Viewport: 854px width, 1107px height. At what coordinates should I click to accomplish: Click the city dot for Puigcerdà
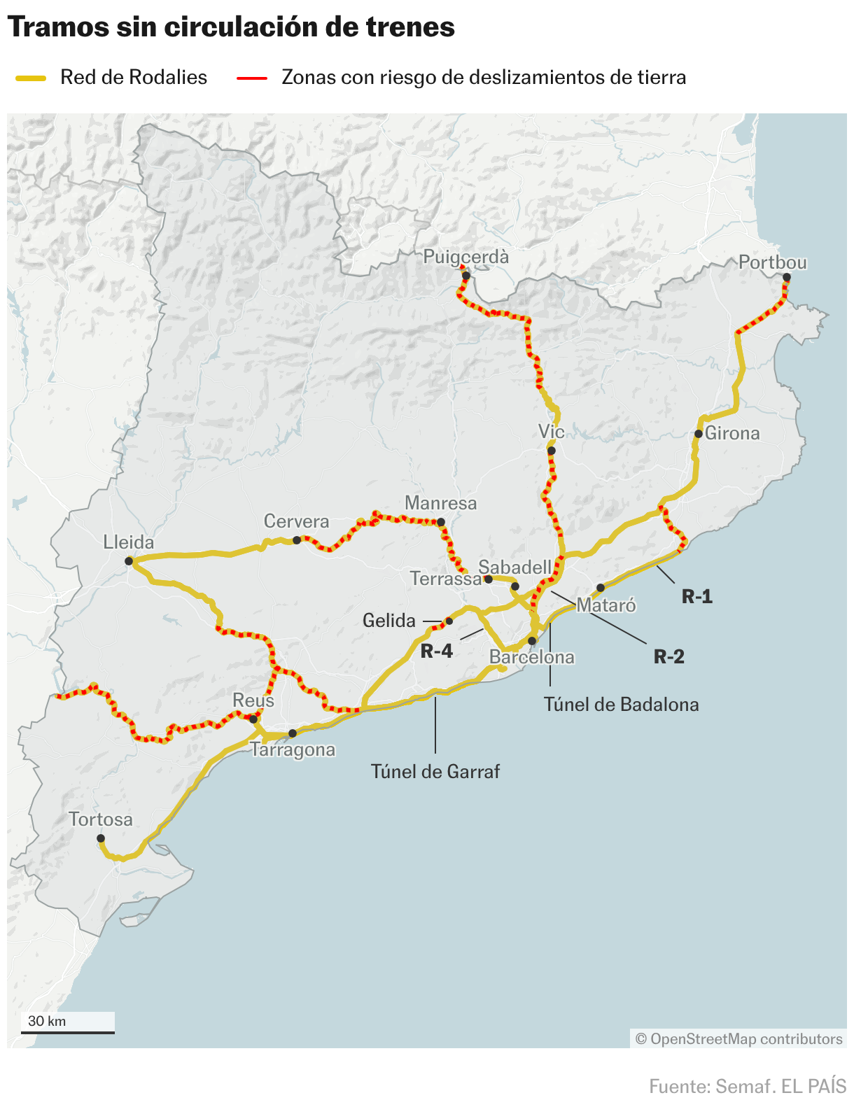tap(466, 276)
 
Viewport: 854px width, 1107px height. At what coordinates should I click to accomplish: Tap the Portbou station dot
tap(787, 277)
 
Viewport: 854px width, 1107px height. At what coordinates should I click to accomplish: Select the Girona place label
tap(732, 433)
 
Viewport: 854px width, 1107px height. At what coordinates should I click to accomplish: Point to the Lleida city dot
tap(129, 561)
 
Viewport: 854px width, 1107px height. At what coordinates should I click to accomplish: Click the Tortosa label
tap(101, 819)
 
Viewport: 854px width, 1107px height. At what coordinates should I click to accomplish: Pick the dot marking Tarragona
tap(293, 733)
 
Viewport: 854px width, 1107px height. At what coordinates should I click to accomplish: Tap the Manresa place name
tap(441, 503)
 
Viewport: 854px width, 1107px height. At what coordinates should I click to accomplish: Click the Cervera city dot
tap(297, 540)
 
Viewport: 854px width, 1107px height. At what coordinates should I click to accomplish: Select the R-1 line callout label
tap(697, 596)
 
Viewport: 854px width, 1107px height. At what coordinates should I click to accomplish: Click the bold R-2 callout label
tap(669, 656)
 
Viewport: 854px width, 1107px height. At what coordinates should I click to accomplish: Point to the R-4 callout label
tap(437, 651)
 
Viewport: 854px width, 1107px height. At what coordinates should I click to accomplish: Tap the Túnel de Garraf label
tap(435, 772)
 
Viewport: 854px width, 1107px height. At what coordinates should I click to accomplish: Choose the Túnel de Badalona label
tap(622, 705)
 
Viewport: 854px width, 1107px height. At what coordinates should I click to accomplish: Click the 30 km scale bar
tap(68, 1031)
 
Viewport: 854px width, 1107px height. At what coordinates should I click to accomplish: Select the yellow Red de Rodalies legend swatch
tap(31, 78)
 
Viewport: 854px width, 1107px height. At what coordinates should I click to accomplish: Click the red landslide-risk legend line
tap(252, 78)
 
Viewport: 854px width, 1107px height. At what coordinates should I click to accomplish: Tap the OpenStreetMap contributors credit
tap(739, 1039)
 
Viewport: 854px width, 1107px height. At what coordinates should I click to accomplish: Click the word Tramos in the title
tap(58, 27)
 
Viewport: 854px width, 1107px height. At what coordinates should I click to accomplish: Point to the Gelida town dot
tap(449, 621)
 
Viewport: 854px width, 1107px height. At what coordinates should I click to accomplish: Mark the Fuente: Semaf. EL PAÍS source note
tap(748, 1087)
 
